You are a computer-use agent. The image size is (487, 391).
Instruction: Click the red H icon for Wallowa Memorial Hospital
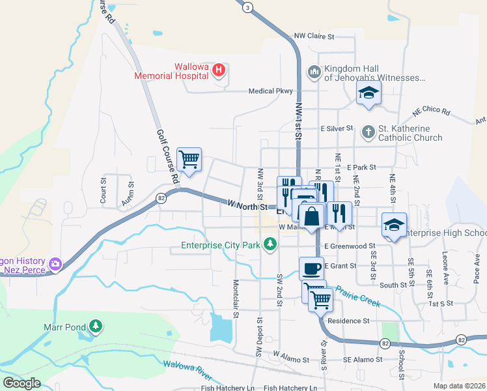(x=219, y=70)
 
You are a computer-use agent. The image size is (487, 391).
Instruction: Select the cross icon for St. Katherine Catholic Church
(x=368, y=132)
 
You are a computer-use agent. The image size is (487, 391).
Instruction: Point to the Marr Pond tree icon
(x=96, y=325)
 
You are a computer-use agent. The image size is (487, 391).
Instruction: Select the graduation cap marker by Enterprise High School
(x=394, y=224)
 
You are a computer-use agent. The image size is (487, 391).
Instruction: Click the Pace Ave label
(x=477, y=267)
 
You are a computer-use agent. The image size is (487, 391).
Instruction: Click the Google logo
(x=21, y=383)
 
